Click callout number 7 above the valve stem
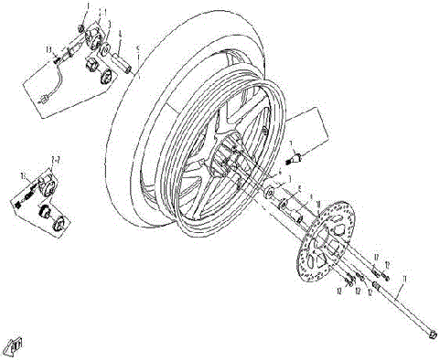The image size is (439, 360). point(292,144)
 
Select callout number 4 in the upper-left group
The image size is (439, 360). point(119,35)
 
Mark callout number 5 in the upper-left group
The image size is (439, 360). point(136,48)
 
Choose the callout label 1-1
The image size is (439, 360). point(102,12)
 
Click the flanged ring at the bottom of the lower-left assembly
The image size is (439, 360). point(59,221)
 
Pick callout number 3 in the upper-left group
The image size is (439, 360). point(109,22)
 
